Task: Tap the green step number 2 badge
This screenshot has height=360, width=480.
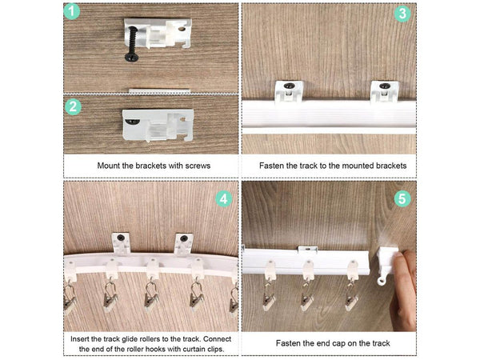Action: pyautogui.click(x=73, y=107)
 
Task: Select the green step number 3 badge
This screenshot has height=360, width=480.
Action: pyautogui.click(x=402, y=14)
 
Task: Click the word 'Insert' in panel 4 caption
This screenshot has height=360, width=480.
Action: pyautogui.click(x=82, y=338)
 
